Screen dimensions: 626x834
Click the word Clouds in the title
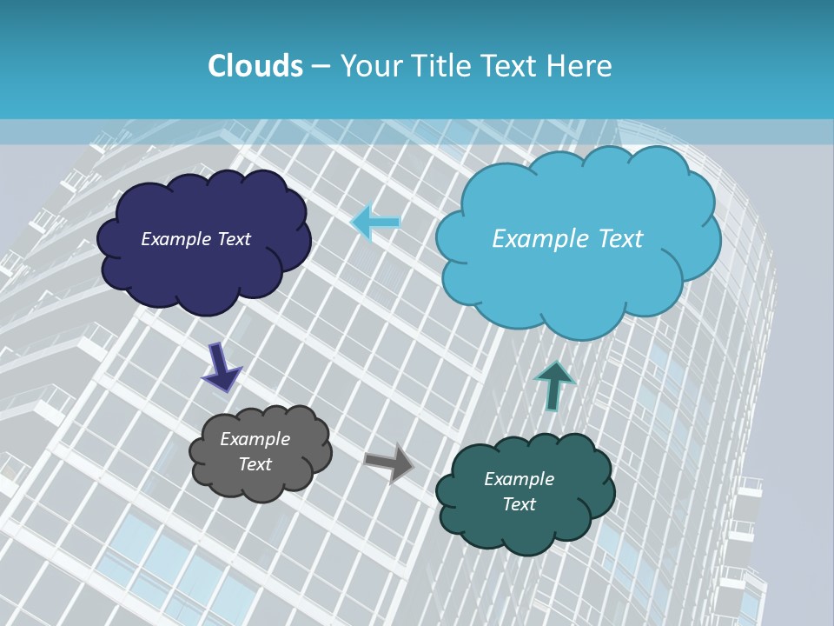tap(255, 66)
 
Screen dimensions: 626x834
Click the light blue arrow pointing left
tap(375, 223)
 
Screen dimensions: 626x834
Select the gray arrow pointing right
tap(389, 463)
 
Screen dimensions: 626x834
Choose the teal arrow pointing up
tap(554, 385)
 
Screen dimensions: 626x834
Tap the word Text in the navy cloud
tap(234, 239)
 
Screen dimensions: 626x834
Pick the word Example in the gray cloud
tap(255, 439)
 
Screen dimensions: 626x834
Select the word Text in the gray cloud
tap(255, 464)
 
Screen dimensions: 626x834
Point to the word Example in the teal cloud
tap(519, 479)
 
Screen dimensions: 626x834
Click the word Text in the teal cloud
tap(519, 504)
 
